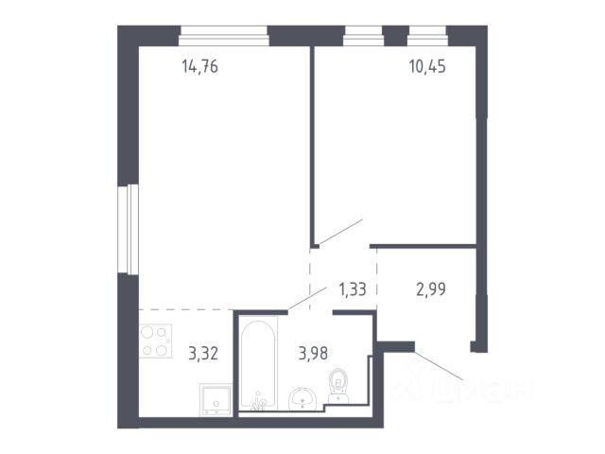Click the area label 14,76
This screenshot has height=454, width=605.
199,66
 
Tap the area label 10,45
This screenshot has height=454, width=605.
427,66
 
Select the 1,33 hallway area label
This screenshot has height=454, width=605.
353,288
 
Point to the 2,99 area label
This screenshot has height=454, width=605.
431,288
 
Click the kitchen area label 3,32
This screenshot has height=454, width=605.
203,353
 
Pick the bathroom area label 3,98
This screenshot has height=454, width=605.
313,353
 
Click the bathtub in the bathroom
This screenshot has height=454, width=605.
258,363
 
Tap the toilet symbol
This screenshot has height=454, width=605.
338,386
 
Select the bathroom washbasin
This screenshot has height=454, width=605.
302,399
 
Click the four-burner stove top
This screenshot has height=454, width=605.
155,341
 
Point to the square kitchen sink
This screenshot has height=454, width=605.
216,399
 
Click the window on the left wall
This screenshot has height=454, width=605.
129,229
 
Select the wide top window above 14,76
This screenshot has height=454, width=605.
224,36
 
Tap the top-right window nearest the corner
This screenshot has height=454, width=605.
427,36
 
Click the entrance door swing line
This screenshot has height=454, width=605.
439,366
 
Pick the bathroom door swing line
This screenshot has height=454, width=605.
307,298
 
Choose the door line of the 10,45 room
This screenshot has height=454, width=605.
341,232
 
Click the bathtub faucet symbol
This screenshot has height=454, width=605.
258,400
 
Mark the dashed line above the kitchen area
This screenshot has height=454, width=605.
186,309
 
